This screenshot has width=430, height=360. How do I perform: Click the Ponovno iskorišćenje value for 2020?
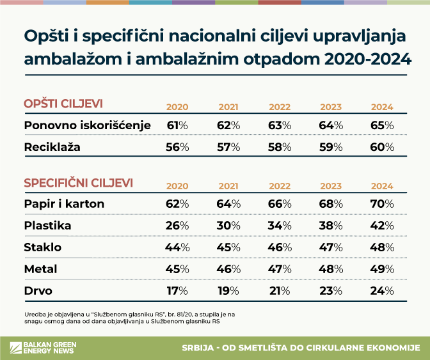177,125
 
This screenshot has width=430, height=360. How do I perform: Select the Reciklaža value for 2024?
382,147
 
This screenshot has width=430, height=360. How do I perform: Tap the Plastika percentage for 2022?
280,226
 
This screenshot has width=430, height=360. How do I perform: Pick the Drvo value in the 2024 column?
382,291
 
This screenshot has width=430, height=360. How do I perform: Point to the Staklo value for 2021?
228,247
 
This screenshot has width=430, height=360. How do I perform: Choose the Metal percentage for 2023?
331,269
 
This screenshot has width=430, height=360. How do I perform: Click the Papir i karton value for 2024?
382,204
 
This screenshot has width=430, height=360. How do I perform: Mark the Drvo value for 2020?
177,291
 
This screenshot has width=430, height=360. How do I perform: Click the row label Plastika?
47,226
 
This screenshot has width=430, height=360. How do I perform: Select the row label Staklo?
43,247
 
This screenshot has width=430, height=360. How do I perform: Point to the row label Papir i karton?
64,204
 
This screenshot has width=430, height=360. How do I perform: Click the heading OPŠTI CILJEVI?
63,104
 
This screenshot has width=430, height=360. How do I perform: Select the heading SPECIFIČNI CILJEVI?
78,183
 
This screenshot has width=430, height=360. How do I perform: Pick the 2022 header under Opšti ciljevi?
280,107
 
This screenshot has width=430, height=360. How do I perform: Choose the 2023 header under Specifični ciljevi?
331,186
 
